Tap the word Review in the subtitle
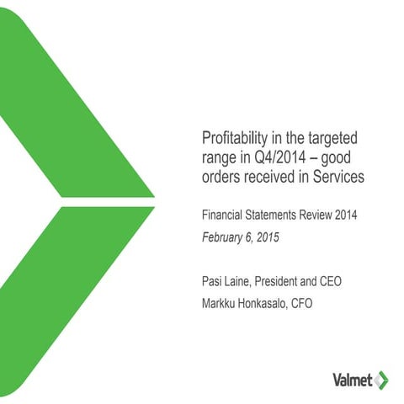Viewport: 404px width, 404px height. (324, 216)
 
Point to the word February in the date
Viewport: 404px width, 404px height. (222, 237)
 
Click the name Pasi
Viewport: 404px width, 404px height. (212, 278)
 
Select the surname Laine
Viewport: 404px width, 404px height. (242, 278)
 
